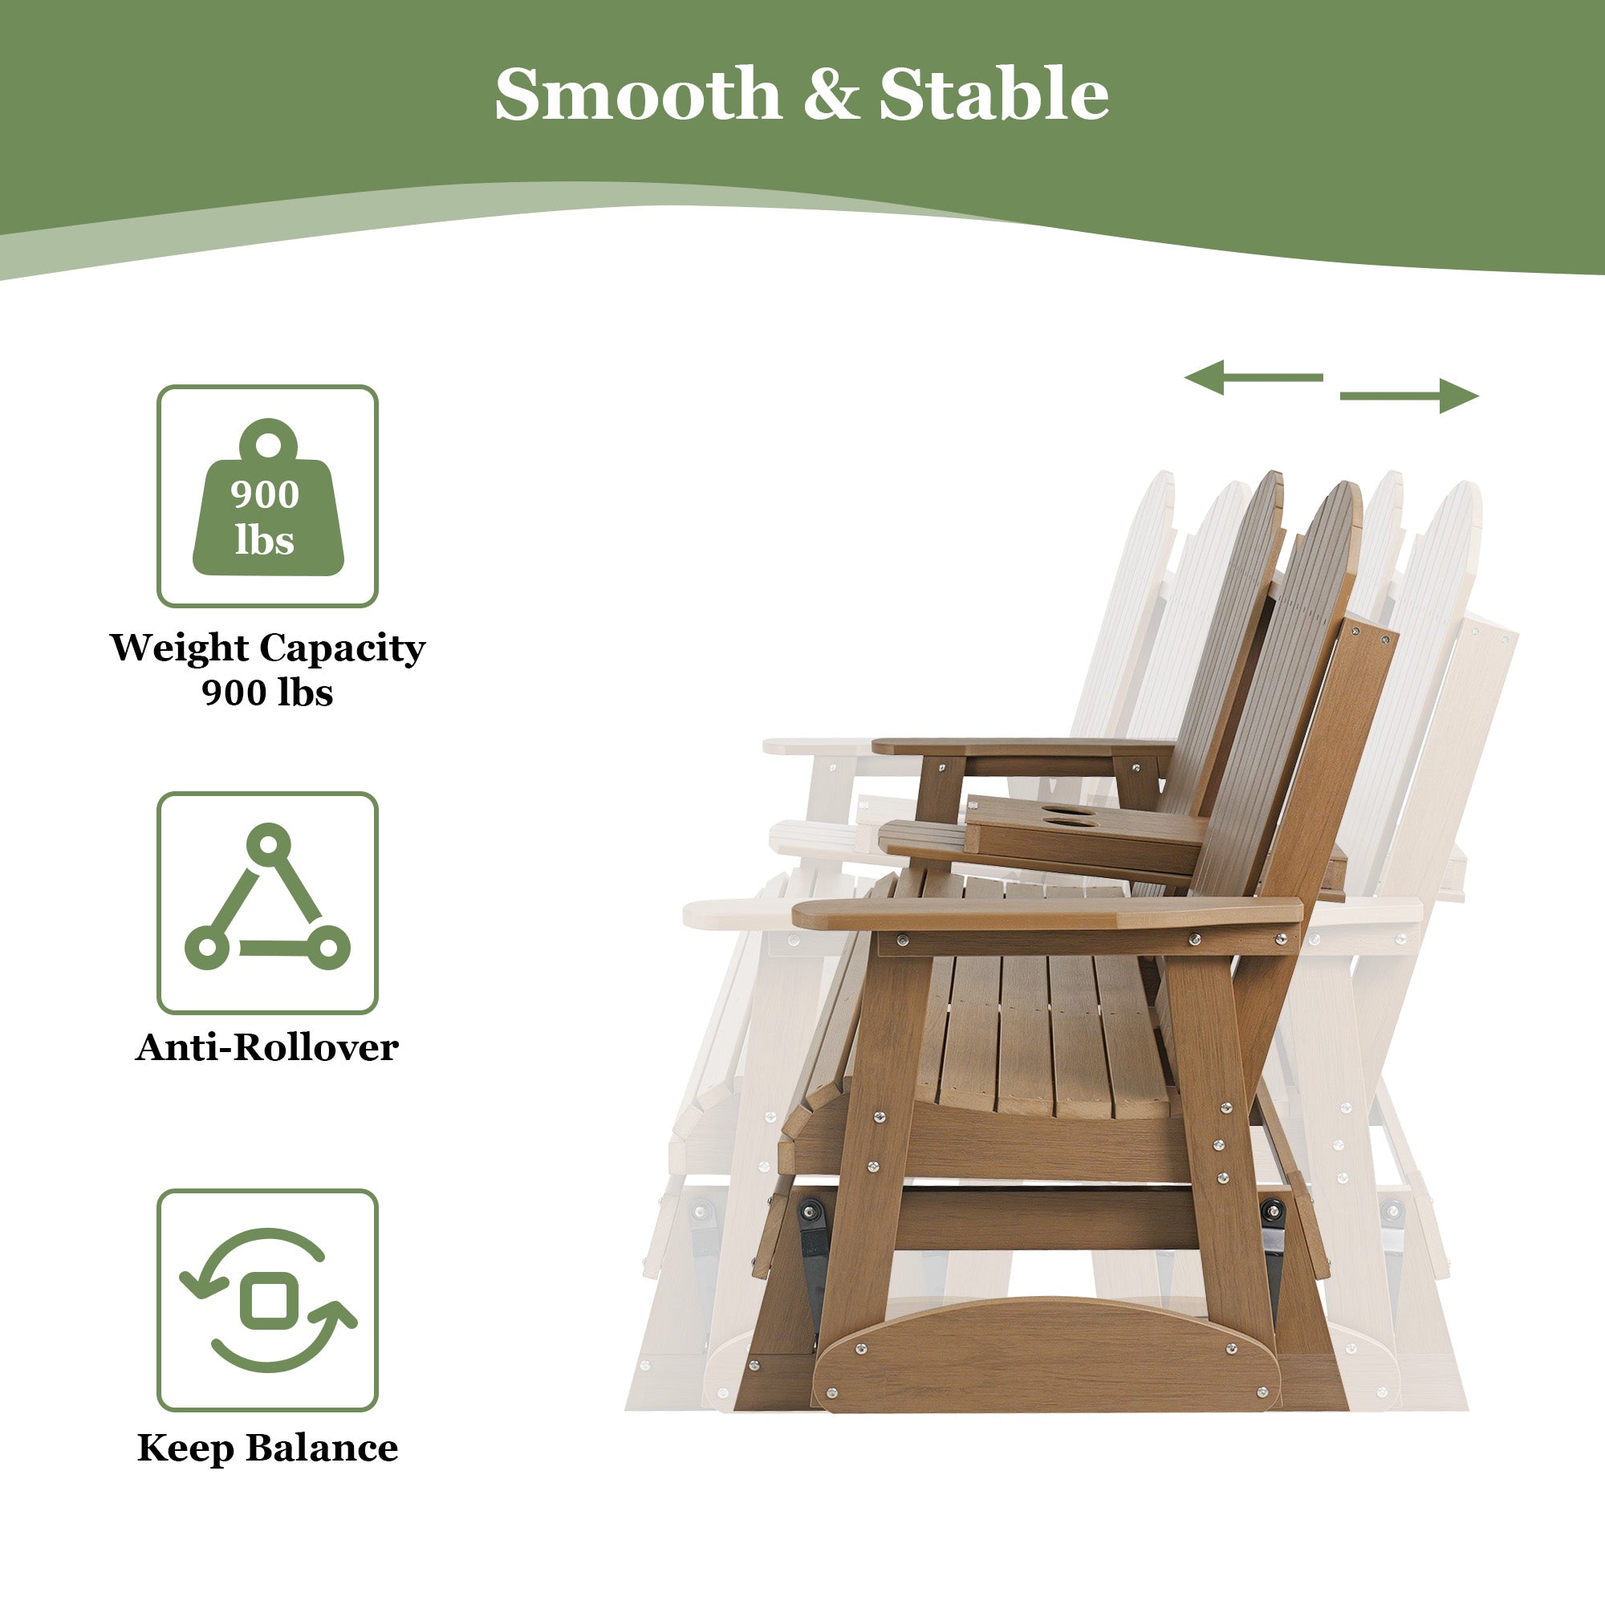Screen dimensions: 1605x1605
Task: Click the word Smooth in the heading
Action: [637, 94]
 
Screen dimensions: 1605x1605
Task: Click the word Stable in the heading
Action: [993, 94]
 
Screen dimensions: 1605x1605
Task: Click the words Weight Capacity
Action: [267, 647]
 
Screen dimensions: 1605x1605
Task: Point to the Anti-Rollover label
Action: [267, 1047]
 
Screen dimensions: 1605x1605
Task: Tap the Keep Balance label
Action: [267, 1448]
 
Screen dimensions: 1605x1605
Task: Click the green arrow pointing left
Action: [1252, 377]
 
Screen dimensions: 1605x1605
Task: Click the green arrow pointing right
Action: [1410, 396]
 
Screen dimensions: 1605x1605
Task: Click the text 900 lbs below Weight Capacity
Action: [267, 692]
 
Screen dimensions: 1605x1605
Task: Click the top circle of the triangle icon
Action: [268, 845]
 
